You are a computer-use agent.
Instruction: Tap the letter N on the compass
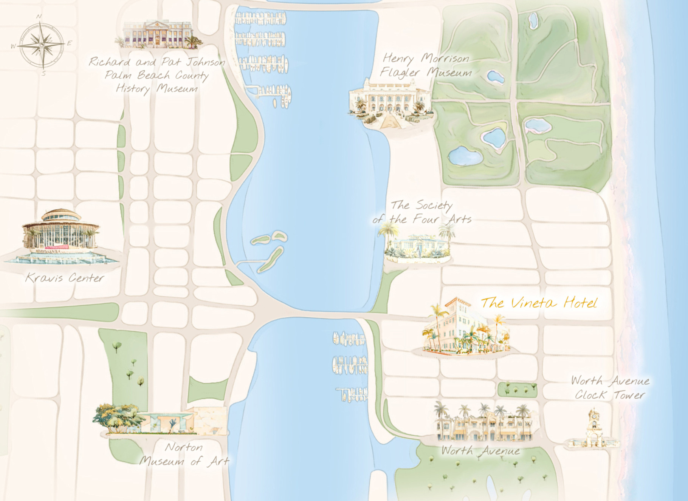pos(39,17)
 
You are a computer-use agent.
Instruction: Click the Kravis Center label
pos(64,278)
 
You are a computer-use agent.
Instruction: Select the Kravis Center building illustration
pos(60,236)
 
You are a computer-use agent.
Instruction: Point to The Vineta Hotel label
pos(539,303)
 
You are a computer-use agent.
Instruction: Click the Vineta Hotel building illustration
pos(465,329)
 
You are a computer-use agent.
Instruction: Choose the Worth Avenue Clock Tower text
pos(610,388)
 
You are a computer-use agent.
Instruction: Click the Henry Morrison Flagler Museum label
pos(426,65)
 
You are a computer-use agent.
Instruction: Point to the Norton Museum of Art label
pos(184,454)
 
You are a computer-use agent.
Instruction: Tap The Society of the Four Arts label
pos(421,212)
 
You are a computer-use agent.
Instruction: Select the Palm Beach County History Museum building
pos(158,34)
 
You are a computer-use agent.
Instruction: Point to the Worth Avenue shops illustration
pos(484,423)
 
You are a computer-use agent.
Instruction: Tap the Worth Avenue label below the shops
pos(480,451)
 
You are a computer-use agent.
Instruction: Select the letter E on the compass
pos(70,43)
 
